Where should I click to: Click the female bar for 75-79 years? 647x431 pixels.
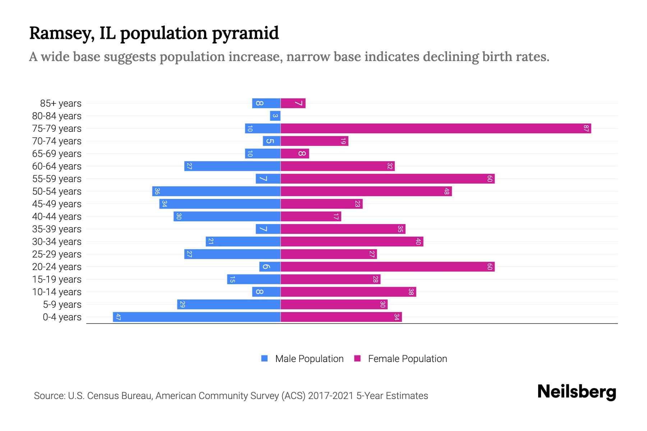[x=436, y=128]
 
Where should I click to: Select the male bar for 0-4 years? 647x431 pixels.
[x=197, y=317]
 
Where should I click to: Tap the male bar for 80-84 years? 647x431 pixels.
[x=275, y=116]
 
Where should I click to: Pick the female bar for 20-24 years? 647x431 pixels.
[x=387, y=267]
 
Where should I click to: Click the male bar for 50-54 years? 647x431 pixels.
[x=216, y=191]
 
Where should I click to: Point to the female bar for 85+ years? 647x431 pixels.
[x=293, y=103]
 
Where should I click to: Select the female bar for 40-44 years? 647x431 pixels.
[x=311, y=216]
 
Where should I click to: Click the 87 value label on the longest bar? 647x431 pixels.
[x=586, y=128]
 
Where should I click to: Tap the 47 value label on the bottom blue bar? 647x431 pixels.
[x=118, y=317]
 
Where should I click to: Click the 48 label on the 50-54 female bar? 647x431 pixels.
[x=446, y=191]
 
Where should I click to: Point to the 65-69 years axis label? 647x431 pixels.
[x=57, y=154]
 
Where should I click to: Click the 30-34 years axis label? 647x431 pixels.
[x=57, y=242]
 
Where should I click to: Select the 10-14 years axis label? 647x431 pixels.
[x=57, y=292]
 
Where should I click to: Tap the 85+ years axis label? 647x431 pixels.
[x=61, y=103]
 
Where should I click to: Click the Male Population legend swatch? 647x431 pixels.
[x=265, y=358]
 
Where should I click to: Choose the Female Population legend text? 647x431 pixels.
[x=407, y=359]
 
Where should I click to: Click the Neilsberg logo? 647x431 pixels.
[x=577, y=392]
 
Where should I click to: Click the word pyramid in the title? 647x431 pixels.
[x=245, y=33]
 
